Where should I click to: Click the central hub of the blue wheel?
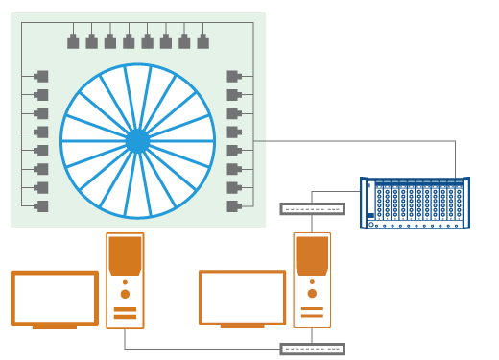pyautogui.click(x=137, y=141)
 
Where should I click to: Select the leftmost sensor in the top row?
pyautogui.click(x=73, y=42)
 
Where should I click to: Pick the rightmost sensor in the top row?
pyautogui.click(x=202, y=42)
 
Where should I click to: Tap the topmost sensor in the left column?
pyautogui.click(x=41, y=76)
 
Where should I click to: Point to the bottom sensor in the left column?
pyautogui.click(x=41, y=205)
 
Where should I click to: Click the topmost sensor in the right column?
pyautogui.click(x=233, y=76)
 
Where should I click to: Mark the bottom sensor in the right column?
pyautogui.click(x=233, y=205)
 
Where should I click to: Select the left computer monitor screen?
pyautogui.click(x=55, y=299)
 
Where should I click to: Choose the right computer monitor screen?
pyautogui.click(x=242, y=298)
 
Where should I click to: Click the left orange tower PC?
pyautogui.click(x=125, y=280)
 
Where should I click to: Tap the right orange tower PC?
pyautogui.click(x=312, y=280)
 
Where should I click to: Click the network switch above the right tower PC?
pyautogui.click(x=312, y=209)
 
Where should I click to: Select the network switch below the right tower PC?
pyautogui.click(x=312, y=349)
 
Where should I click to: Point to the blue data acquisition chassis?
pyautogui.click(x=415, y=203)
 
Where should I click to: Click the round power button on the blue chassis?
pyautogui.click(x=371, y=224)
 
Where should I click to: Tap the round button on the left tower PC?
pyautogui.click(x=125, y=294)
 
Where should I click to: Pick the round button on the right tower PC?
pyautogui.click(x=312, y=294)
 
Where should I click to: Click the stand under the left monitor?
pyautogui.click(x=55, y=327)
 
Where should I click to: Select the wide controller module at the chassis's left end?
pyautogui.click(x=371, y=203)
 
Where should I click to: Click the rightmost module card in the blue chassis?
pyautogui.click(x=459, y=203)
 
